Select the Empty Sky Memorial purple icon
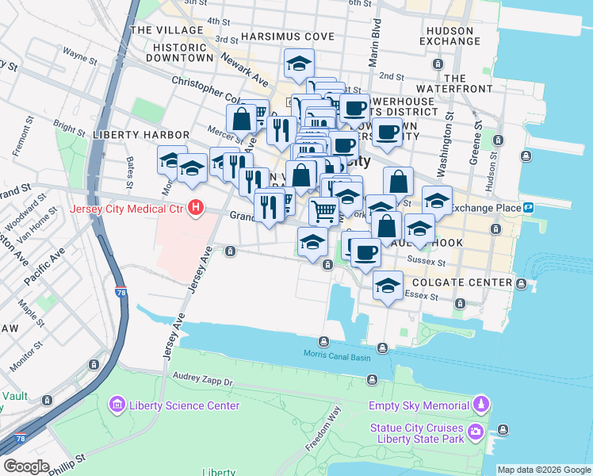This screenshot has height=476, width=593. coord(480,405)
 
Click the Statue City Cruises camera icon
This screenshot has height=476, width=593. coord(476,432)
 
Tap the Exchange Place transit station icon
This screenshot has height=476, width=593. coord(528,208)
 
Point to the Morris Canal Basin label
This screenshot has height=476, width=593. coord(338,355)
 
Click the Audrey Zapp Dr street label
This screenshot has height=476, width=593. coord(205,382)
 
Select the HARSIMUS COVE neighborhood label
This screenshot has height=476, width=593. coord(289,37)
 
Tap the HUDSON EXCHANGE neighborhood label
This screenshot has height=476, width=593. coord(450,36)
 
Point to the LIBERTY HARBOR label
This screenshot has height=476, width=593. coord(141,135)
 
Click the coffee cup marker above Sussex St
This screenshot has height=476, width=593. coord(364,253)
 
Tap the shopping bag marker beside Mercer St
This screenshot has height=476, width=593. coord(241,119)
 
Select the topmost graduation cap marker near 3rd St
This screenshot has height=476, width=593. coord(299,63)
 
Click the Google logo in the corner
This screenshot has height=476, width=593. coord(26,466)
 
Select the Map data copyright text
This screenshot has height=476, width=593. coord(544,470)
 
